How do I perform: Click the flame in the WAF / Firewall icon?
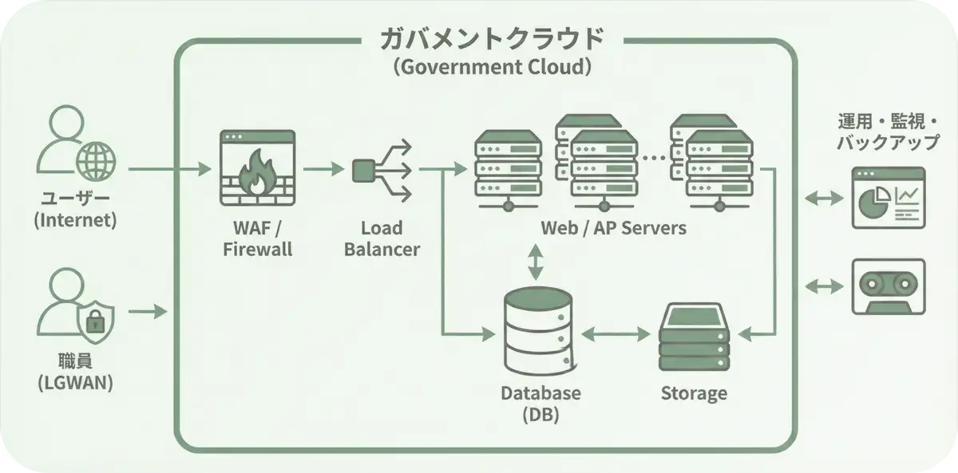click(257, 175)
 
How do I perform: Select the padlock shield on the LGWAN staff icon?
click(95, 323)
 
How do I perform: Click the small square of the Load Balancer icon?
click(363, 170)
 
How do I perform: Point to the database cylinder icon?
click(540, 330)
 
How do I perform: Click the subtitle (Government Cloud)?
click(493, 67)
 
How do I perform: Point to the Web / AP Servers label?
click(612, 228)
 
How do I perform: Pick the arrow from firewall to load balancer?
click(321, 170)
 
